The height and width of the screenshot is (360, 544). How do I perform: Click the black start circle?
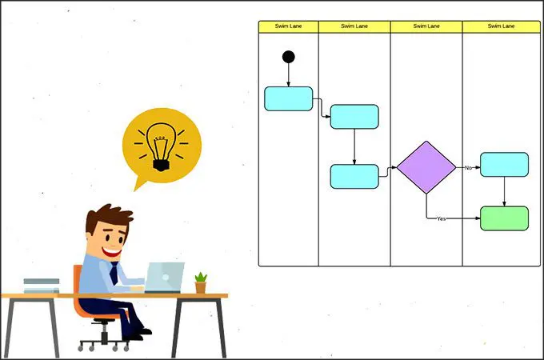[x=288, y=57]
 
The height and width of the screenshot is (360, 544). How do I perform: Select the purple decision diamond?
[x=426, y=167]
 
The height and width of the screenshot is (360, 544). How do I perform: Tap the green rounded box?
[x=504, y=218]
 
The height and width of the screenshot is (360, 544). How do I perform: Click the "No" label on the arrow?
[x=468, y=167]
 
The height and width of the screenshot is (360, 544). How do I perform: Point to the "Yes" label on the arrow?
[x=441, y=219]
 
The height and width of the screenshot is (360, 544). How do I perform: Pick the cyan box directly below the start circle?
[x=288, y=99]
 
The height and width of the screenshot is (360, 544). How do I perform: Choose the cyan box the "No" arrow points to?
[x=504, y=164]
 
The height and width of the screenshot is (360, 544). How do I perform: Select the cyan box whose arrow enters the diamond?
[x=354, y=177]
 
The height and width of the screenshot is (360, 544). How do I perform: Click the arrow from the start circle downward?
[x=288, y=75]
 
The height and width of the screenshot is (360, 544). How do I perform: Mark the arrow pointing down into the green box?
[x=504, y=191]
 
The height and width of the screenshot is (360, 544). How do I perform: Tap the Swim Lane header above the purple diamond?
[x=426, y=26]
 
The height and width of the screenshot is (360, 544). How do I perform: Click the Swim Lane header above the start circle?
[x=288, y=26]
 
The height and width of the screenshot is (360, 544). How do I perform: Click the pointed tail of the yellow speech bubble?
[x=135, y=190]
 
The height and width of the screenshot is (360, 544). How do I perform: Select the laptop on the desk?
[x=164, y=278]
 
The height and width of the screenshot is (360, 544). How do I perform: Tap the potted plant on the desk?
[x=201, y=283]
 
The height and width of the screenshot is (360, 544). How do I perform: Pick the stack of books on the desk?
[x=42, y=286]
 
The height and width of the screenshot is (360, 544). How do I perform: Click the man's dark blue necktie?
[x=114, y=273]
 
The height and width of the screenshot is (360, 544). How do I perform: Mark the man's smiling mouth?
[x=112, y=252]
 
